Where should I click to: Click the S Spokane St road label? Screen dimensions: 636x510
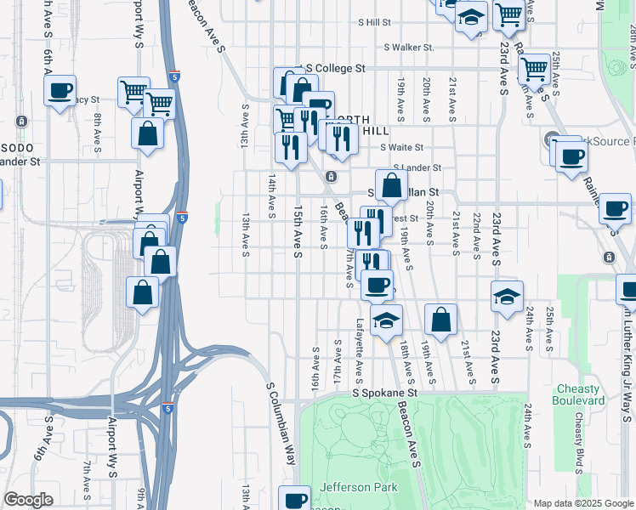386,394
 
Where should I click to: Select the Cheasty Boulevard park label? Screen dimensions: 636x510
578,394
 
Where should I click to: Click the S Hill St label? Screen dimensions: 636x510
374,22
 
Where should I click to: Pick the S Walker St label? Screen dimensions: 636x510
408,48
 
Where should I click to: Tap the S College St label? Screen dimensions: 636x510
335,68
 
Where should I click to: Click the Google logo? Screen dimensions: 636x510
28,499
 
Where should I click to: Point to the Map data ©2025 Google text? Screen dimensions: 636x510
582,503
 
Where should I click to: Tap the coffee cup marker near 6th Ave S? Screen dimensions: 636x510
60,90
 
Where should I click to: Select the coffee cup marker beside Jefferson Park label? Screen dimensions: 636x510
296,499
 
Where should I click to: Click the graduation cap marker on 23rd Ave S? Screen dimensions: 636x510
506,297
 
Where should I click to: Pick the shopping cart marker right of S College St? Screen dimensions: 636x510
535,68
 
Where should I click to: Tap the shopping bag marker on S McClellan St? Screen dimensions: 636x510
391,184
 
